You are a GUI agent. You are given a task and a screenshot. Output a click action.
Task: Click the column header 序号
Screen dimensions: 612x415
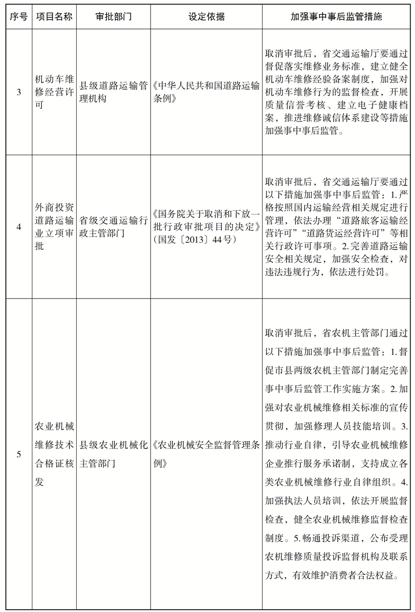click(x=19, y=17)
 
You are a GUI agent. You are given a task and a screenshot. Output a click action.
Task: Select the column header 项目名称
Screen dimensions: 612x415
click(x=54, y=17)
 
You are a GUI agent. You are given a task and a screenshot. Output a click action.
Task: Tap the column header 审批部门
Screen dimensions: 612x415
click(x=113, y=17)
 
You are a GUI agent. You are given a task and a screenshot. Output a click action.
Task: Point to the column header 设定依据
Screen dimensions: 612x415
click(x=206, y=17)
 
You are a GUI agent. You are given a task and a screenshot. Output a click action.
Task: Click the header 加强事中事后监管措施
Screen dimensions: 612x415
click(x=336, y=17)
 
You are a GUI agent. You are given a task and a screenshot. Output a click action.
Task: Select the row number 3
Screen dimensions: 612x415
click(x=19, y=92)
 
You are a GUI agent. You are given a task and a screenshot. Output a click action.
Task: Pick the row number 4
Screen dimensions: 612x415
click(x=19, y=227)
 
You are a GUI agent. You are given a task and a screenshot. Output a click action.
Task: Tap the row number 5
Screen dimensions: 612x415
click(x=19, y=454)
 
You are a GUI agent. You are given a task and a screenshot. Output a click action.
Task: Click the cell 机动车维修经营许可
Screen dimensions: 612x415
click(x=54, y=92)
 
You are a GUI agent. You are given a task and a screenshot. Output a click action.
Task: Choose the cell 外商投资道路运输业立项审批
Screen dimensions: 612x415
click(x=54, y=227)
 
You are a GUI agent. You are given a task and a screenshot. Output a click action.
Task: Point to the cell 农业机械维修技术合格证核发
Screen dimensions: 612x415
click(x=54, y=454)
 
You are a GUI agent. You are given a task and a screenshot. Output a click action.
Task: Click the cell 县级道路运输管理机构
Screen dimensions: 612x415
click(x=113, y=92)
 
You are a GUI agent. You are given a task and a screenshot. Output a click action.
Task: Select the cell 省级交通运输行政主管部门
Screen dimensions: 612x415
click(x=113, y=227)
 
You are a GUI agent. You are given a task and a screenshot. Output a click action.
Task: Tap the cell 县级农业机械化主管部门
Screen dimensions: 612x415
click(x=113, y=454)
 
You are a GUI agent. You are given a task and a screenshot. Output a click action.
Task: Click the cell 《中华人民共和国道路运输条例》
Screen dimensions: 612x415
click(x=206, y=92)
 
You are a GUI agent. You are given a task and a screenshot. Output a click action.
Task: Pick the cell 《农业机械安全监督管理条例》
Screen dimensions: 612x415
click(x=206, y=454)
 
